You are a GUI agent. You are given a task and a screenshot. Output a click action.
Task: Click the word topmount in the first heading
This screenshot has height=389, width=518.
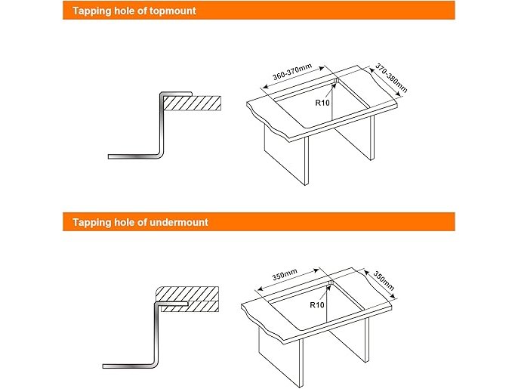click(x=173, y=11)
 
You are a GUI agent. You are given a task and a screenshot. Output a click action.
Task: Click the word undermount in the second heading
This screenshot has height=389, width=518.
click(x=179, y=222)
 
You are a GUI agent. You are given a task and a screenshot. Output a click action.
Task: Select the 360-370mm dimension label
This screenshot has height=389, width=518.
click(x=292, y=72)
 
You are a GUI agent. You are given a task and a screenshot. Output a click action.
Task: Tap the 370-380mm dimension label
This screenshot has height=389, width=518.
click(x=391, y=78)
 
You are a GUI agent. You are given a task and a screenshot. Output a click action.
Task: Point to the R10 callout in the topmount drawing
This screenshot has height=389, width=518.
click(x=322, y=103)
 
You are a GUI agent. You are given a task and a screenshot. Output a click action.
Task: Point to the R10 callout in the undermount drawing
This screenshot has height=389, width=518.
click(x=317, y=304)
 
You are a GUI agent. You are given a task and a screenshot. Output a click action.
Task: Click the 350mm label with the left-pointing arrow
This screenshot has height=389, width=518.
click(x=285, y=274)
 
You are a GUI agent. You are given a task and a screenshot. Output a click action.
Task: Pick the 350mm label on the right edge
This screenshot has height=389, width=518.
click(x=384, y=280)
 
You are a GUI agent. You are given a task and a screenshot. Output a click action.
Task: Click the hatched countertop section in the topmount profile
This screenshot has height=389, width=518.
click(x=193, y=103)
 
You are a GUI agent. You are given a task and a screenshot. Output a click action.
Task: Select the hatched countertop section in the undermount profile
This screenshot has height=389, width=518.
click(x=187, y=299)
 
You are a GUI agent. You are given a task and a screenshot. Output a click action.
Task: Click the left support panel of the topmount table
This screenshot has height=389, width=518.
click(x=286, y=158)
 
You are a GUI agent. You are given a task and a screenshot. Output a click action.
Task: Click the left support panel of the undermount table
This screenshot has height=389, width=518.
click(x=281, y=359)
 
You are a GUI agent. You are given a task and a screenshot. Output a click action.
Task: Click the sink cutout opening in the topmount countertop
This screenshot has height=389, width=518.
click(x=322, y=103)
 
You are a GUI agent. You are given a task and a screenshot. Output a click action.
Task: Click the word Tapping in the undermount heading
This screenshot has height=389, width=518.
click(x=91, y=222)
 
